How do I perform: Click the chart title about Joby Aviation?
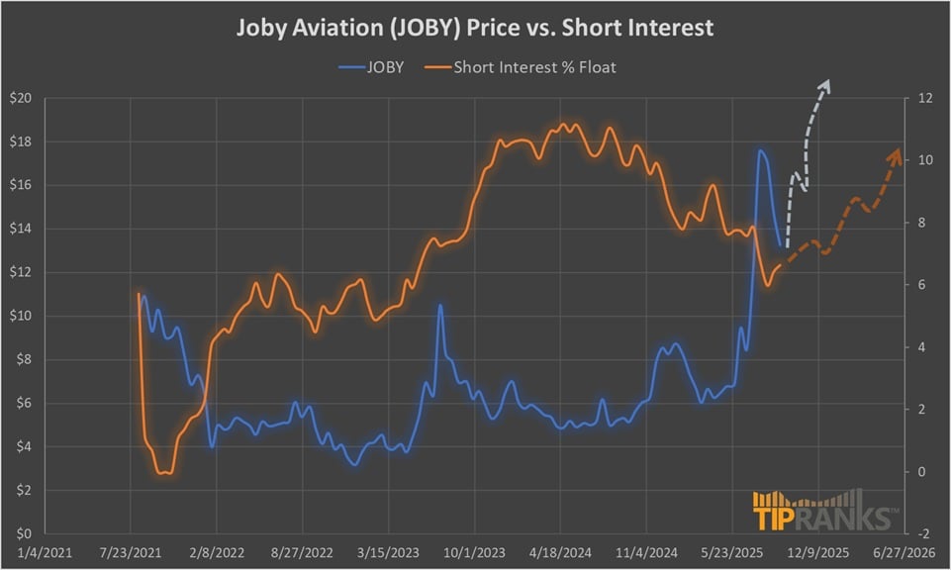coord(475,28)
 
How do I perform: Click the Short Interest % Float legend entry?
coord(534,68)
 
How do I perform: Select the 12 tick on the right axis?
coord(925,98)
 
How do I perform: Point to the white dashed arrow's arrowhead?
coord(827,84)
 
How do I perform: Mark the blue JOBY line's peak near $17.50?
coord(760,151)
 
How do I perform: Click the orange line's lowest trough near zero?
coord(164,473)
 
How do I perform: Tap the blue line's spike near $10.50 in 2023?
coord(439,306)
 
